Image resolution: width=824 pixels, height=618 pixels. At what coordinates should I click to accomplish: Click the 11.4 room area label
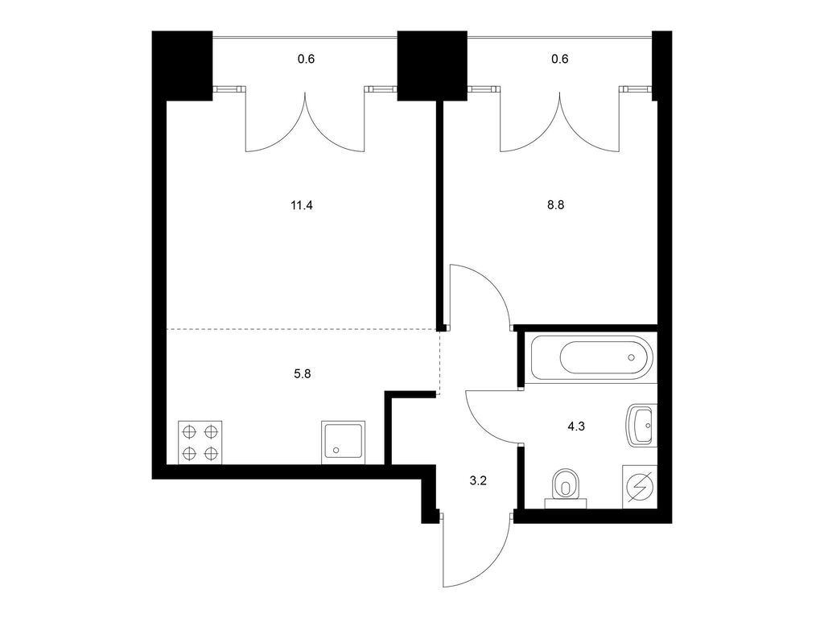pos(302,205)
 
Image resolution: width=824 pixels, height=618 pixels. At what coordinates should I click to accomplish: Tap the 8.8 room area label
pos(555,205)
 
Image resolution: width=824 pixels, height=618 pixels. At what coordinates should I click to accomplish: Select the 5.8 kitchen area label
pos(303,374)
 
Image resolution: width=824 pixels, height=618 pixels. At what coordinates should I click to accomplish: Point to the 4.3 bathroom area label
pos(576,426)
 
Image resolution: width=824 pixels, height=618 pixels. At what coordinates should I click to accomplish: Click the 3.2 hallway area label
pos(478,480)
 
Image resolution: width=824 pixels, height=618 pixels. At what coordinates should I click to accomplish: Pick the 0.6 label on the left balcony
pos(306,59)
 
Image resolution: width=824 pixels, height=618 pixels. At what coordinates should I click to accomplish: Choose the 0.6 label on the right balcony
pos(560,59)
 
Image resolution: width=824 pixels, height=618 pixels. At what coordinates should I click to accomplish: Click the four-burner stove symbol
pos(200,443)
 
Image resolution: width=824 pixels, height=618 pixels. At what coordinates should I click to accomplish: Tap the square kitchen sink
pos(343,443)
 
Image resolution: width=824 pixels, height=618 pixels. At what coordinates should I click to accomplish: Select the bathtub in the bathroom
pos(591,358)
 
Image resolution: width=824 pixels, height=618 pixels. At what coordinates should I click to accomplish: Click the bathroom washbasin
pos(642,425)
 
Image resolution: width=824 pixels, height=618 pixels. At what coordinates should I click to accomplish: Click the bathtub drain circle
pos(632,358)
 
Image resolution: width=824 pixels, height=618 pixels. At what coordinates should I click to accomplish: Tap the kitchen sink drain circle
pos(336,451)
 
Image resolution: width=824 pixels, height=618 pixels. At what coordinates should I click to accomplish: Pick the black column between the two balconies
pos(432,66)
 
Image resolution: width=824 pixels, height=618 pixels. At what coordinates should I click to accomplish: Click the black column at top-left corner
pos(183,66)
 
